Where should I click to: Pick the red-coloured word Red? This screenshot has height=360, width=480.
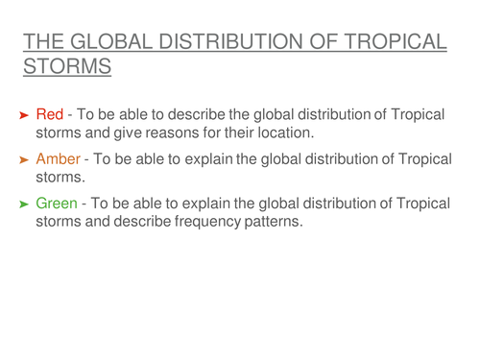point(50,115)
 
